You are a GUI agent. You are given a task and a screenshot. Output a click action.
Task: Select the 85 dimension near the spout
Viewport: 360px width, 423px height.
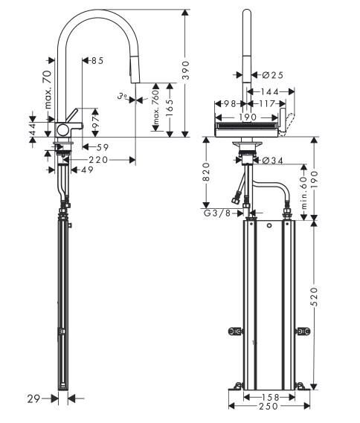[97, 60]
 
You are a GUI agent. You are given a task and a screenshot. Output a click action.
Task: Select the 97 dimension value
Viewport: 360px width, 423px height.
[95, 120]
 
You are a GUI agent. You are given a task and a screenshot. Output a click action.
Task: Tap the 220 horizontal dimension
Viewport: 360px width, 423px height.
[99, 159]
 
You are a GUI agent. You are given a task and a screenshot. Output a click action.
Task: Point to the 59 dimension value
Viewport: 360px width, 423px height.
[102, 147]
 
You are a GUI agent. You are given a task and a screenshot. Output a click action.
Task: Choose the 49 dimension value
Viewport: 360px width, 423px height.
[87, 170]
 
